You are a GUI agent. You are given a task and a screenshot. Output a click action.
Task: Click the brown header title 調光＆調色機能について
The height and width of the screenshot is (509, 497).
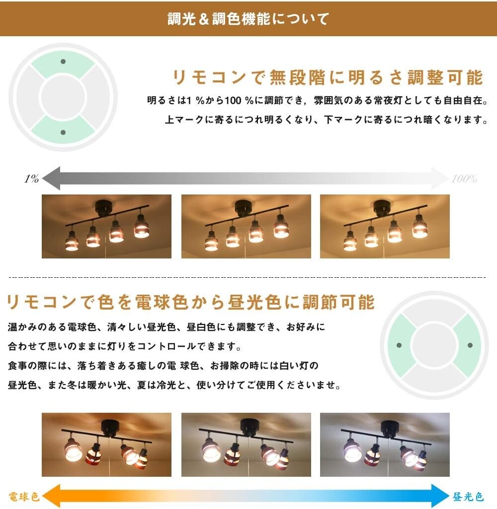tap(248, 19)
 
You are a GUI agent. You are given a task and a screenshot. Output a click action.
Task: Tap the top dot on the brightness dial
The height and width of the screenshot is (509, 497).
tap(63, 62)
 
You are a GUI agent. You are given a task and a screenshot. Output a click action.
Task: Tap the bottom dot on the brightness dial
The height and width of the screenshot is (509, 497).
tap(63, 132)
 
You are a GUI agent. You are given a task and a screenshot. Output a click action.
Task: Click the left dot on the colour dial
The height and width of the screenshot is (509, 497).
tap(399, 345)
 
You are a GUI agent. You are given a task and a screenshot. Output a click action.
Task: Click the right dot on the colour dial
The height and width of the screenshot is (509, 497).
tap(470, 345)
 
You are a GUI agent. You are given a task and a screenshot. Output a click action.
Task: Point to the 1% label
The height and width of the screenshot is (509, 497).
tap(31, 179)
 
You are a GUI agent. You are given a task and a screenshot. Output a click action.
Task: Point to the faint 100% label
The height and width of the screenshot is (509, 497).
tap(464, 179)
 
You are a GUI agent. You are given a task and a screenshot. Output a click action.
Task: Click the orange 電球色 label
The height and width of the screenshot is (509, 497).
tap(24, 497)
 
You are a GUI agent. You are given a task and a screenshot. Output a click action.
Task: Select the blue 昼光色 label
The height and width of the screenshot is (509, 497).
tap(468, 497)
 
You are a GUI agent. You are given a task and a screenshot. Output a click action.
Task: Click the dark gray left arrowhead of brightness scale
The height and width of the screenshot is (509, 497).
tap(51, 178)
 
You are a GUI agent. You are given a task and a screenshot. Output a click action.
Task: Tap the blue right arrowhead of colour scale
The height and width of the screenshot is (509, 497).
tap(440, 496)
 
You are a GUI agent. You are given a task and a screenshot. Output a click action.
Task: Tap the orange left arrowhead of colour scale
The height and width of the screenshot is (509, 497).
tap(51, 496)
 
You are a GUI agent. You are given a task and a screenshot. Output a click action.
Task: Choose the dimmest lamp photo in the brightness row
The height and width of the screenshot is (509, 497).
tap(107, 227)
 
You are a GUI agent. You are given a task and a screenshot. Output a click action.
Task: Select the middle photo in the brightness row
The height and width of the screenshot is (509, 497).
tap(246, 227)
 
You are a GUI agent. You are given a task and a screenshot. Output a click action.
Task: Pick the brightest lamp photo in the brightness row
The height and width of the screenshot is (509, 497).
tap(385, 227)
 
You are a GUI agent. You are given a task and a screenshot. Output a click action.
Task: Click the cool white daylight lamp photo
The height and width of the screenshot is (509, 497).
tap(385, 445)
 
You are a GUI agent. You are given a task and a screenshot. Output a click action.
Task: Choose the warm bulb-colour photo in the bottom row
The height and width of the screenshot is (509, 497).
tap(107, 445)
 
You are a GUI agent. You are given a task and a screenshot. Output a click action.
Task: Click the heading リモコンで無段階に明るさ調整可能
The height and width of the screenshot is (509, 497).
tap(328, 77)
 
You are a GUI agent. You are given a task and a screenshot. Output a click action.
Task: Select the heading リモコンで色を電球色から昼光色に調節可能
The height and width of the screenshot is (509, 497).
tap(191, 302)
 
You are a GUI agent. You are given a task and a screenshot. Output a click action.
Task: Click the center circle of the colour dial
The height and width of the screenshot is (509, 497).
tap(434, 345)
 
